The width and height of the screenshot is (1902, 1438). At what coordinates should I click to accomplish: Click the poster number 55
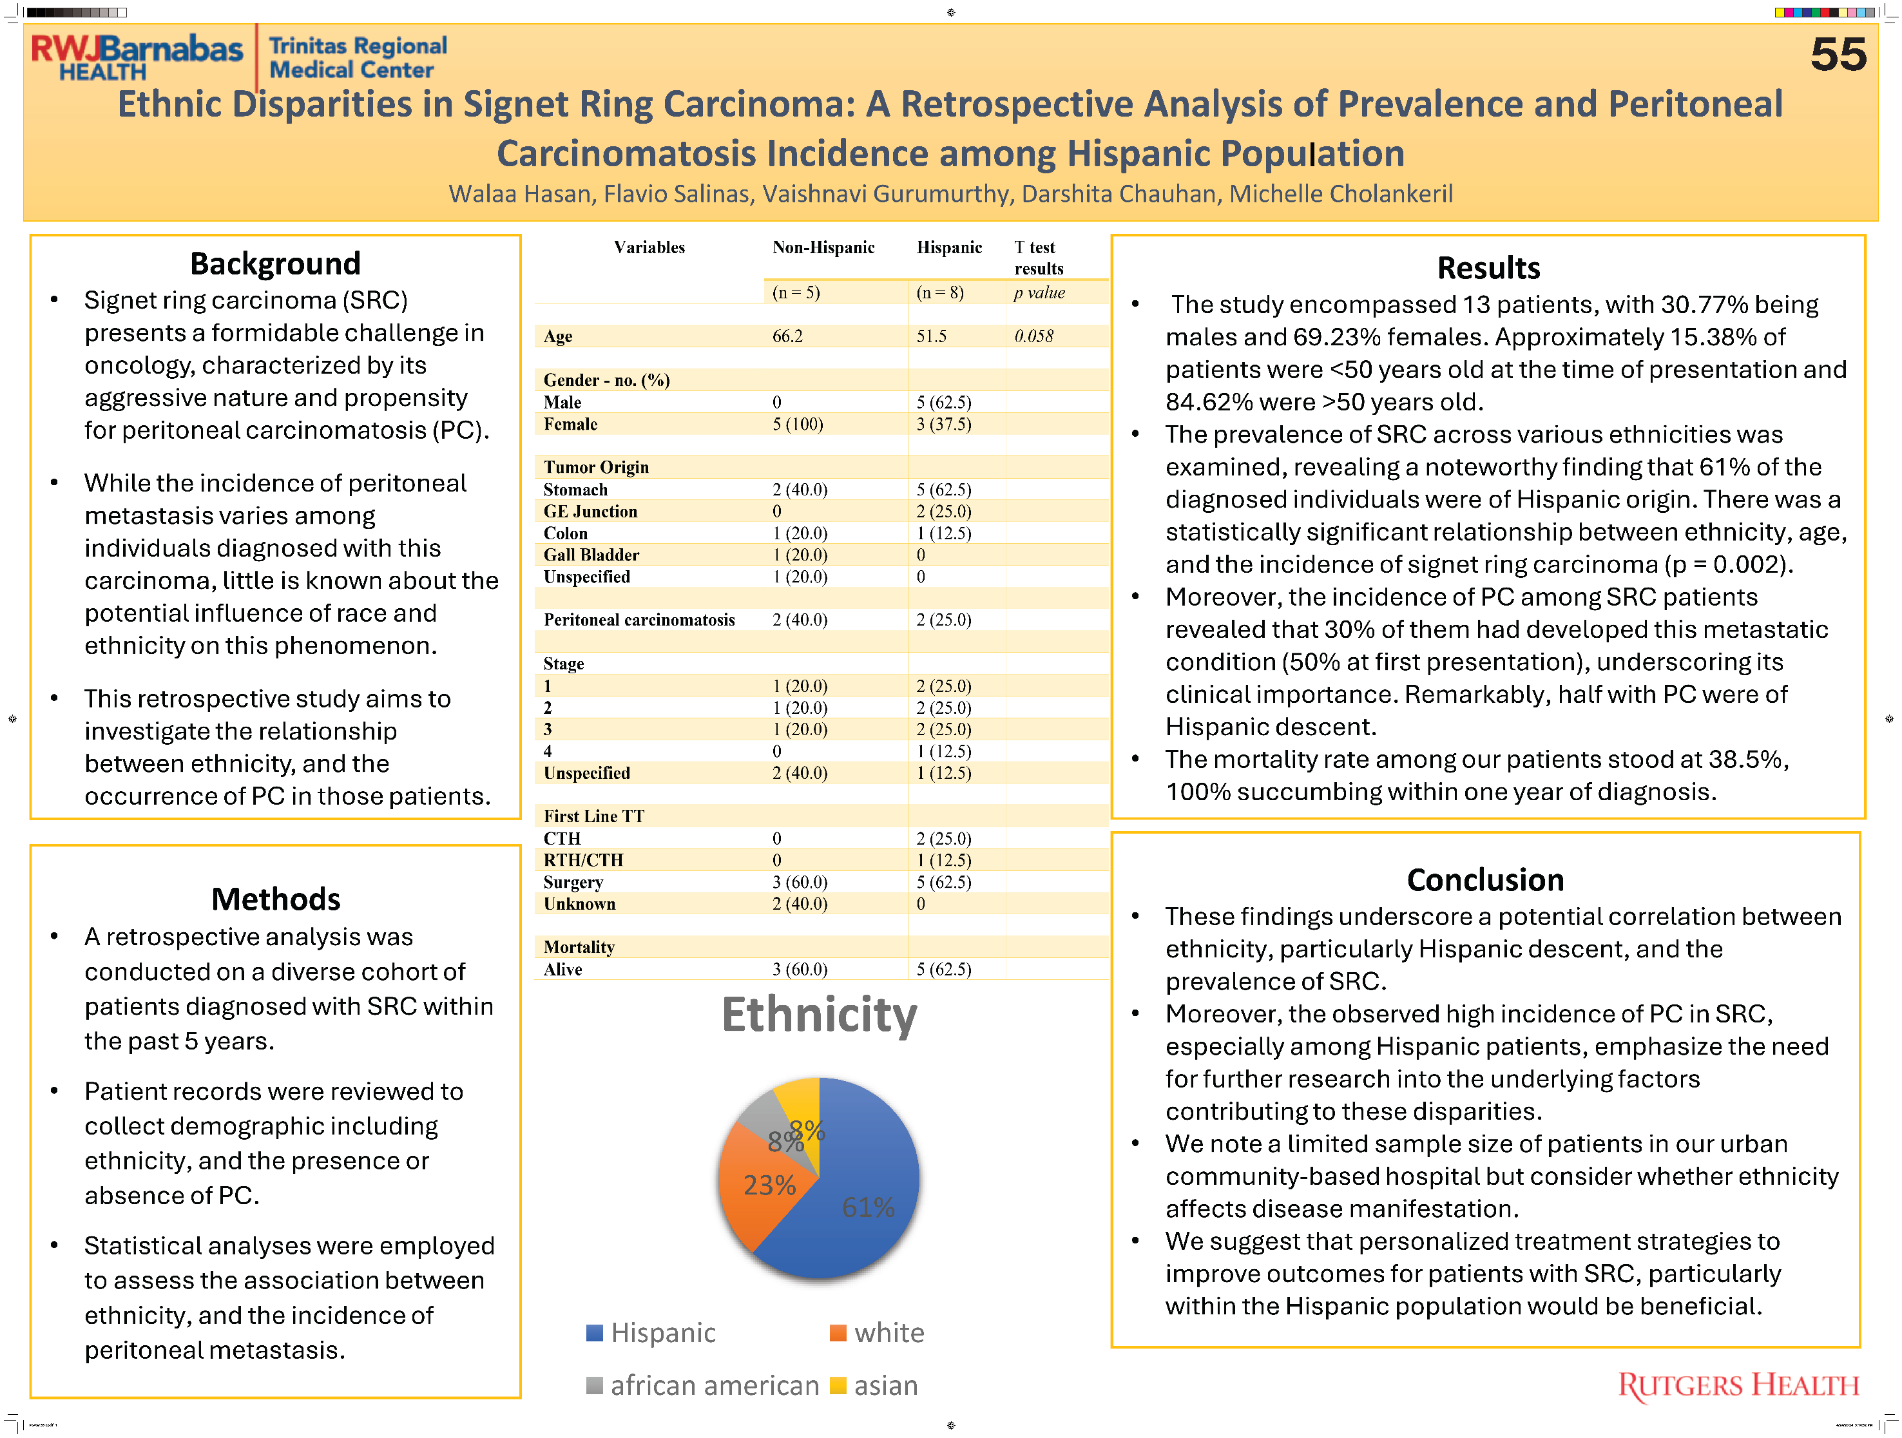[1838, 54]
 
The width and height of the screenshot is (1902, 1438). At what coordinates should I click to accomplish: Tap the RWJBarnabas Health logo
[138, 57]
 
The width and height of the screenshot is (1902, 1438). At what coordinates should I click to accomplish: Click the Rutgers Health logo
[1738, 1386]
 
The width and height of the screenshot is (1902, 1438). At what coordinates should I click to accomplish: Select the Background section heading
[275, 263]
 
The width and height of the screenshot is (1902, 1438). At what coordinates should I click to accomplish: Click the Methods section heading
[276, 899]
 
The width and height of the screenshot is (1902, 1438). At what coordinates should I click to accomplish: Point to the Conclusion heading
[1485, 880]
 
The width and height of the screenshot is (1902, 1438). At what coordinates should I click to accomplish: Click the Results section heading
[1488, 267]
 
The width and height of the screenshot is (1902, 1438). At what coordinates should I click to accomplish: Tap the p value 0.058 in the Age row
[1033, 336]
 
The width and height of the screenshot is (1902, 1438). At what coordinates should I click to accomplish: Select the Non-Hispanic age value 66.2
[787, 336]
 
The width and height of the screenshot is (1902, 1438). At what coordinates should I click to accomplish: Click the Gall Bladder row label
[591, 555]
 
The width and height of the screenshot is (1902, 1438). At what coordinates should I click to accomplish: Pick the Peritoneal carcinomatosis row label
[639, 620]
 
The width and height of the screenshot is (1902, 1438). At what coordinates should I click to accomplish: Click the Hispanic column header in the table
[949, 247]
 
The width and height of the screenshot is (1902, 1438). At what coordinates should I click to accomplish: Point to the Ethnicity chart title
[820, 1015]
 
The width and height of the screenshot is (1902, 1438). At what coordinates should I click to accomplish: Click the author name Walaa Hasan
[520, 195]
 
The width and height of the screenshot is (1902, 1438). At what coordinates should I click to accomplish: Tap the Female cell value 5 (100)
[798, 424]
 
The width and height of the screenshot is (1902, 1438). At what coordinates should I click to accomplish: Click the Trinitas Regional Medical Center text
[358, 57]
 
